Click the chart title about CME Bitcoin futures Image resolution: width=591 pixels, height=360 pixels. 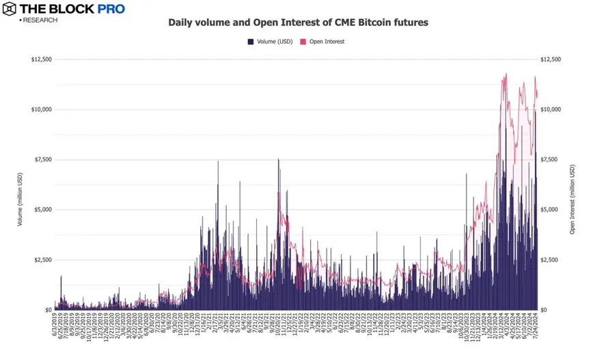coord(298,23)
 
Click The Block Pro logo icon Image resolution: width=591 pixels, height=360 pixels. coord(10,9)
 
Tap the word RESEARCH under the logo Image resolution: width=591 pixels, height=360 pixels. coord(40,20)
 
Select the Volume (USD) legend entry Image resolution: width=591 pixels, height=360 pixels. coord(271,42)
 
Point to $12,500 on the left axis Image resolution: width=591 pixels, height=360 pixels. coord(41,59)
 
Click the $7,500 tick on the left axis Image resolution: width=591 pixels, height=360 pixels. coord(43,160)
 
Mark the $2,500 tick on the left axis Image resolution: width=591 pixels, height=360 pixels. coord(43,260)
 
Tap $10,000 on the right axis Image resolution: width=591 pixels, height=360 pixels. coord(551,109)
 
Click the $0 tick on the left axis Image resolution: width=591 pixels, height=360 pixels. coord(48,310)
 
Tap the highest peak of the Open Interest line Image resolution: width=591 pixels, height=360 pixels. coord(506,74)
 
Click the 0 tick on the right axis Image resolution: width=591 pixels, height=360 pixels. coord(544,310)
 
